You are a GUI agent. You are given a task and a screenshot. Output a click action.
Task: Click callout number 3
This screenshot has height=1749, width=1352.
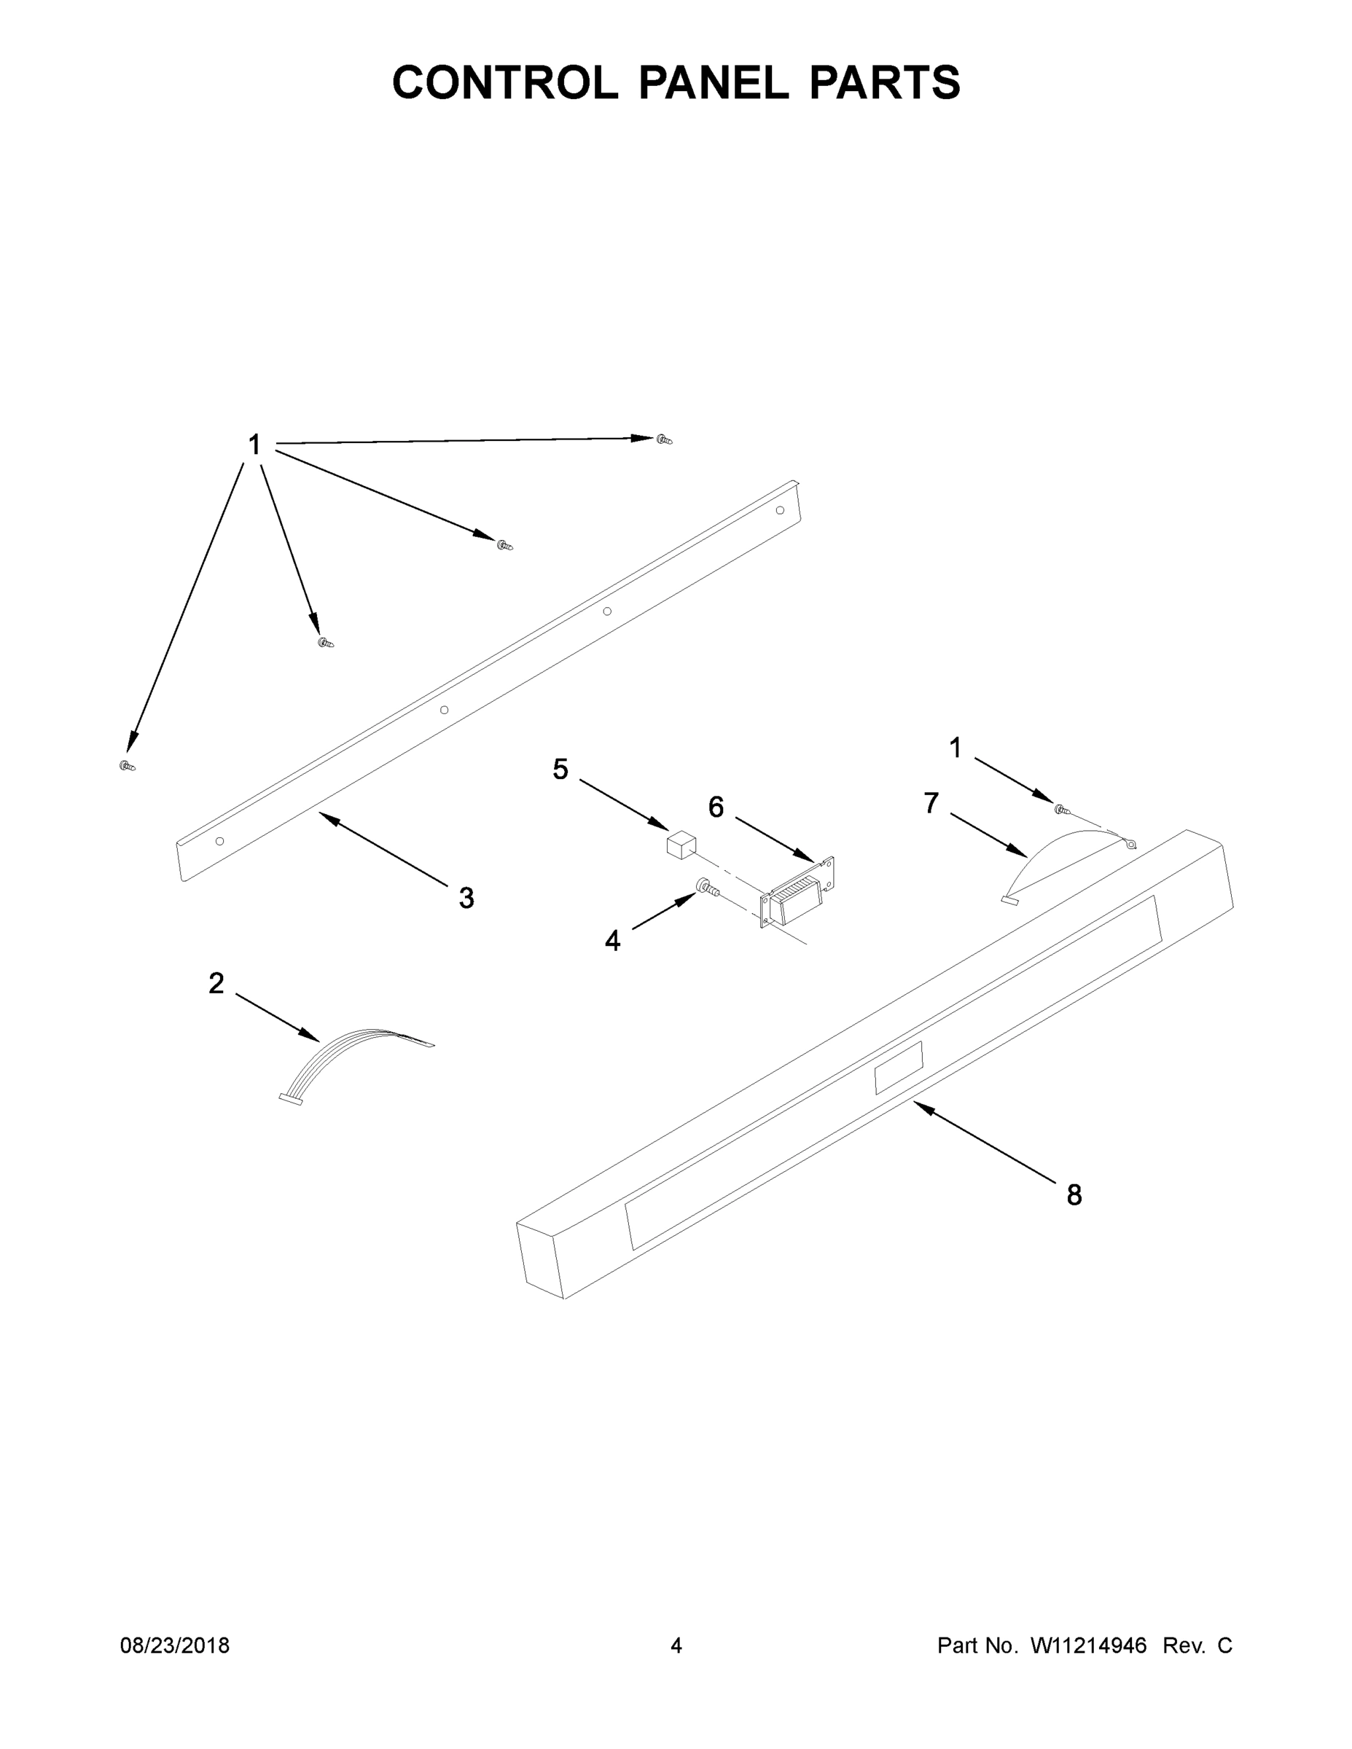click(466, 898)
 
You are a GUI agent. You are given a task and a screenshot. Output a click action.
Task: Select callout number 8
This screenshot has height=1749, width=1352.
click(1074, 1195)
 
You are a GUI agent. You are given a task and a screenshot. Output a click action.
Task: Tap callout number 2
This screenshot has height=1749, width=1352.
click(216, 983)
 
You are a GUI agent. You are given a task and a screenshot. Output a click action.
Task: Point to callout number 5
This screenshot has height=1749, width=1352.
click(560, 770)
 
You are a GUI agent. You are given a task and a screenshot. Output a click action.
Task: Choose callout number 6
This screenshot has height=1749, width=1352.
click(716, 807)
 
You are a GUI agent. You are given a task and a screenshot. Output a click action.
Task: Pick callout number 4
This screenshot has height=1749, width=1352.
click(613, 941)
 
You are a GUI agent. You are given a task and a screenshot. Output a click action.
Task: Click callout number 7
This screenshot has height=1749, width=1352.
click(931, 802)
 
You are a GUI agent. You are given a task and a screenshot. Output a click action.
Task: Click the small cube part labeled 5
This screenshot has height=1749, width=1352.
click(681, 844)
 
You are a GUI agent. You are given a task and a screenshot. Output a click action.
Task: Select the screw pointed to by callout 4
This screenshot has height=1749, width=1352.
click(706, 885)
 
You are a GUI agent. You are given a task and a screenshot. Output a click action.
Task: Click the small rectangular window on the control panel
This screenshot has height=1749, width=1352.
click(898, 1068)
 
